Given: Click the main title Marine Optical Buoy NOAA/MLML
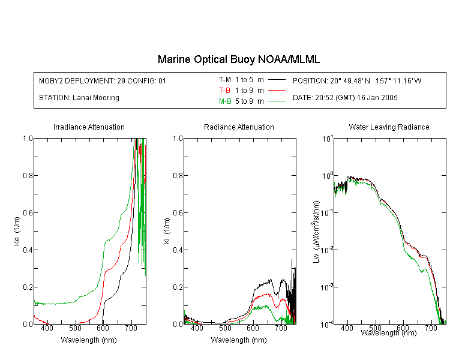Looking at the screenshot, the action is [238, 59].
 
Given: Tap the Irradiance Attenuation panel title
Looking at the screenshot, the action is [89, 127].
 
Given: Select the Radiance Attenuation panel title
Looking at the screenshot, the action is [239, 127].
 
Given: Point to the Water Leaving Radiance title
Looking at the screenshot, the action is [389, 127].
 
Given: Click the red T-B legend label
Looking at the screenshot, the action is [224, 91].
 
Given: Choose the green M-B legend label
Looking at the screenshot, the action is [225, 101].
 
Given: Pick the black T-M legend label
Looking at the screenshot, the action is [225, 80].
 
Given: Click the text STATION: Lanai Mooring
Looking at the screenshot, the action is [79, 98].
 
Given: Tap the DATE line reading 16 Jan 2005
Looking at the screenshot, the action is [345, 98].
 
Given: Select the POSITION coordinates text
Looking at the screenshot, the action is [357, 80].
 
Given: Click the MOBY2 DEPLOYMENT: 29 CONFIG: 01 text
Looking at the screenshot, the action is [103, 80].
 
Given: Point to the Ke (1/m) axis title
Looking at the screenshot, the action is [17, 231].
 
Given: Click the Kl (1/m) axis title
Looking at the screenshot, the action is [167, 231].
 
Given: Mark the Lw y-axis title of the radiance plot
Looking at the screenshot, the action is [316, 232].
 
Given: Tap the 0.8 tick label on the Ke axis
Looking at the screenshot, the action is [28, 175].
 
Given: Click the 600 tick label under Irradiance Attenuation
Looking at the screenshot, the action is [103, 328].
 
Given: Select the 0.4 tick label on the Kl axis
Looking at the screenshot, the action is [178, 250].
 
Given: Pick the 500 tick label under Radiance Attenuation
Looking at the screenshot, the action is [225, 328].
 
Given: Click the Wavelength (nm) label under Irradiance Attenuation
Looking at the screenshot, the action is [89, 340].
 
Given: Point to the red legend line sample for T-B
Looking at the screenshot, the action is [277, 91].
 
